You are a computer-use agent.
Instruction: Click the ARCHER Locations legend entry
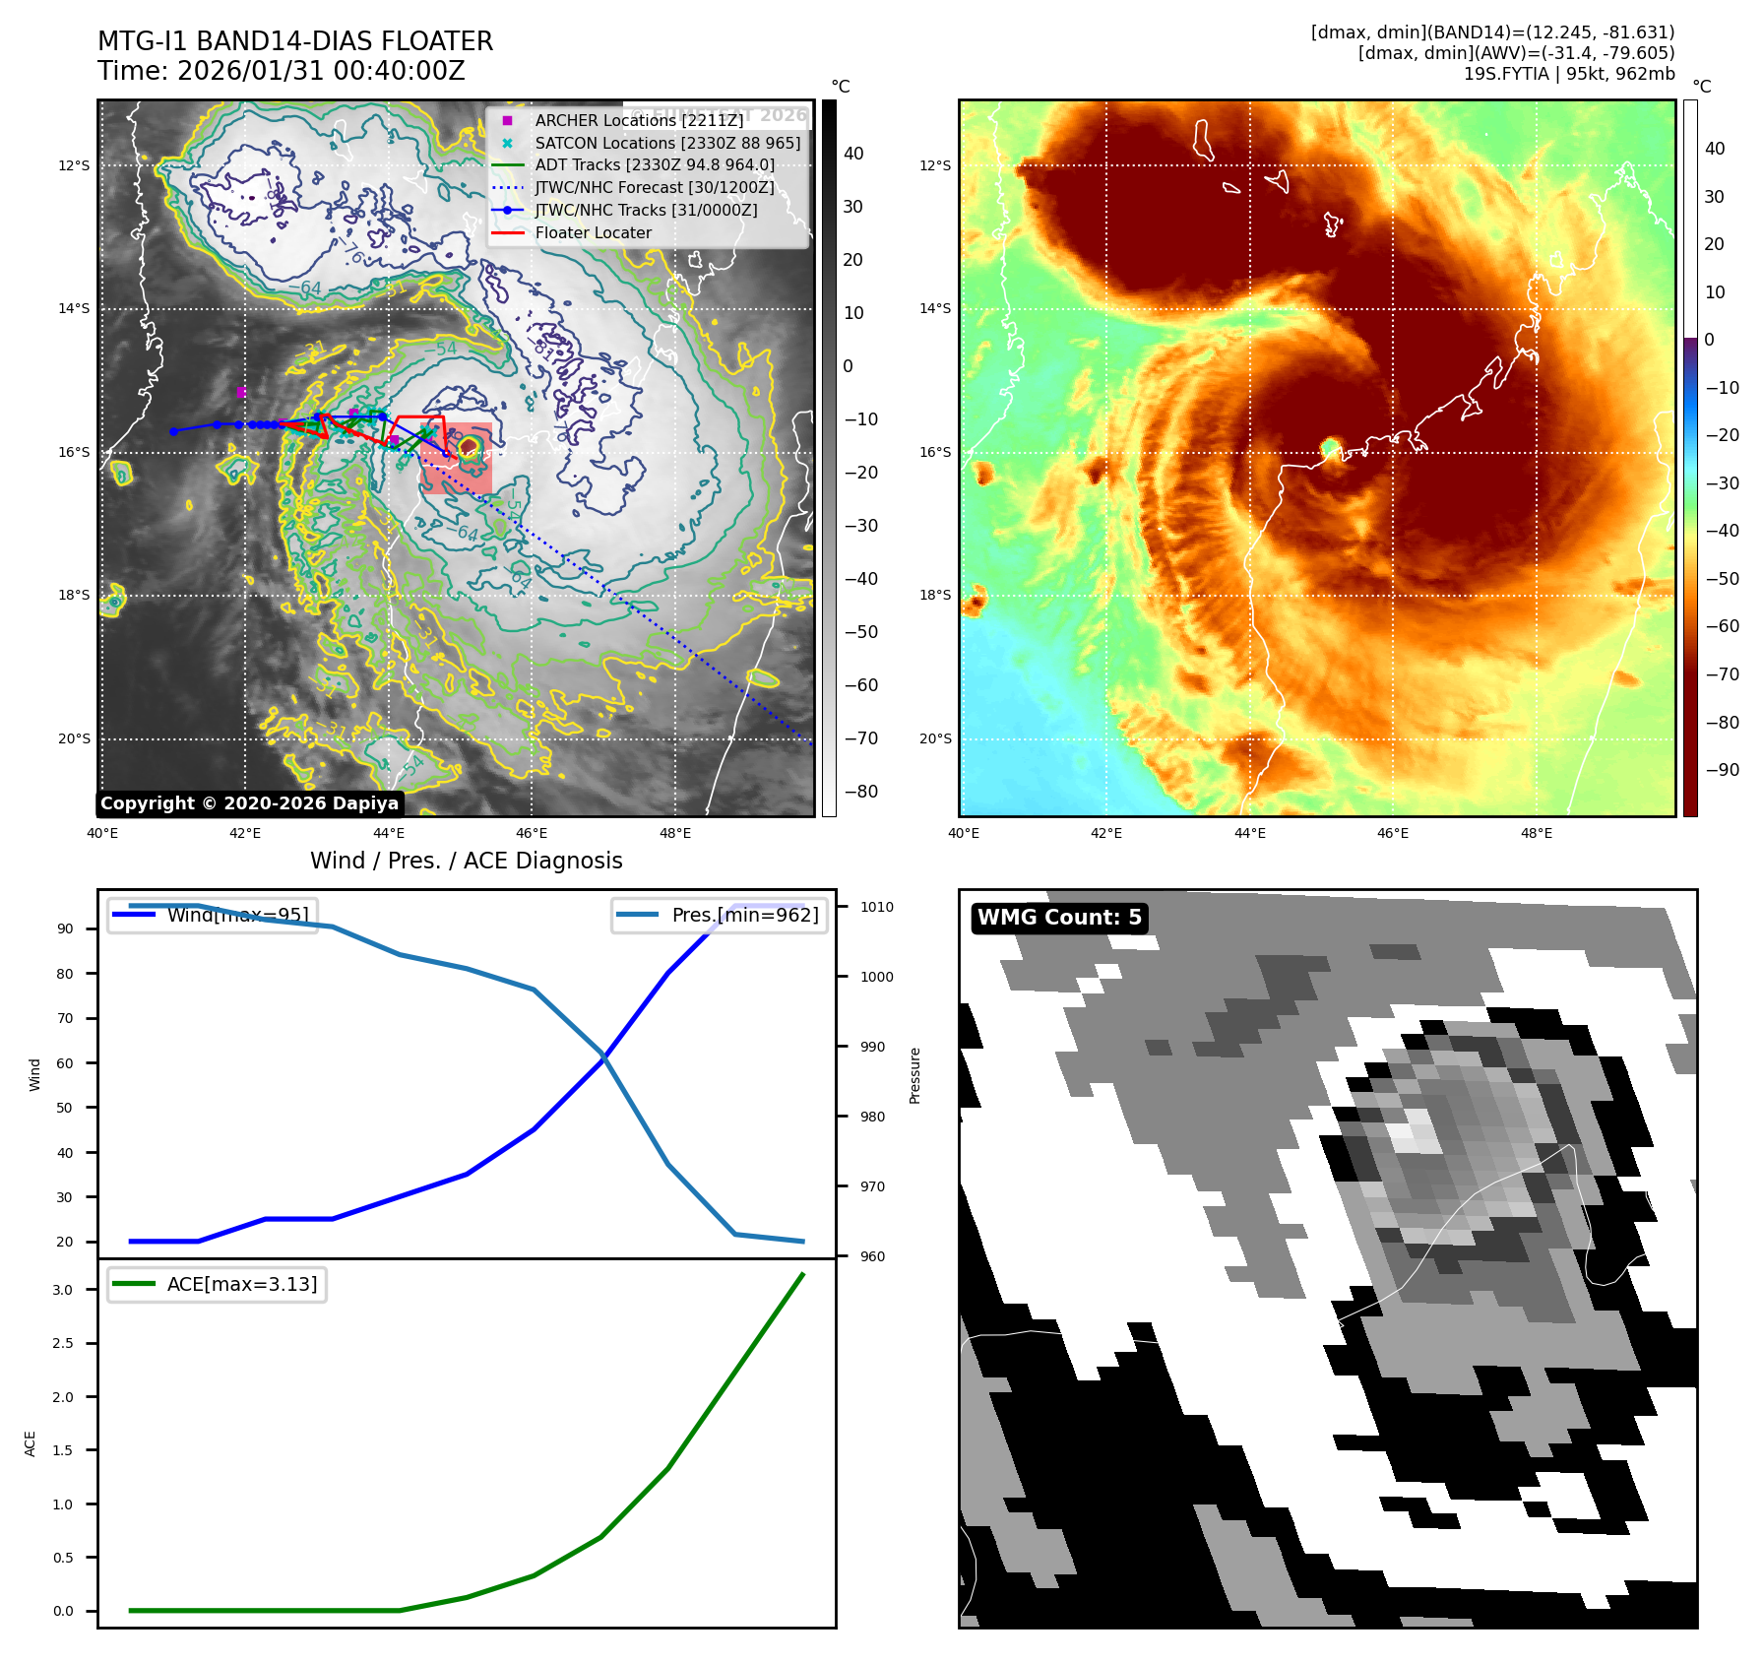(639, 120)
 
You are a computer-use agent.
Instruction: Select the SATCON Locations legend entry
(667, 143)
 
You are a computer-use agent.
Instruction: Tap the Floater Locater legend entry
(593, 232)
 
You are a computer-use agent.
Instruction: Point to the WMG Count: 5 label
(1059, 918)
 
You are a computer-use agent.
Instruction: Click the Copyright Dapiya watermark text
(249, 803)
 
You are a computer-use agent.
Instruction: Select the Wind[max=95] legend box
(213, 915)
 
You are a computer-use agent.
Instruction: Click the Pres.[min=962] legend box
(719, 915)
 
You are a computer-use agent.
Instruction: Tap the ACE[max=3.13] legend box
(217, 1284)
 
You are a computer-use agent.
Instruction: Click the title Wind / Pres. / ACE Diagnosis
(466, 861)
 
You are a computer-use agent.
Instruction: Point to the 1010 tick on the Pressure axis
(876, 907)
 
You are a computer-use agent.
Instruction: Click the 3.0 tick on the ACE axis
(62, 1290)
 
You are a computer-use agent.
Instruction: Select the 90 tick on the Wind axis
(65, 928)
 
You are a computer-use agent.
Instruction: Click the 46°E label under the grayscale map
(532, 833)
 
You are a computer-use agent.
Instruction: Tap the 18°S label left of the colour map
(935, 595)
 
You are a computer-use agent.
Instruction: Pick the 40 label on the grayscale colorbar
(853, 154)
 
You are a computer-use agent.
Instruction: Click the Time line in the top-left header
(281, 71)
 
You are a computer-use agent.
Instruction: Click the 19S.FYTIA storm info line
(1568, 74)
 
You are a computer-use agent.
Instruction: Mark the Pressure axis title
(914, 1075)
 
